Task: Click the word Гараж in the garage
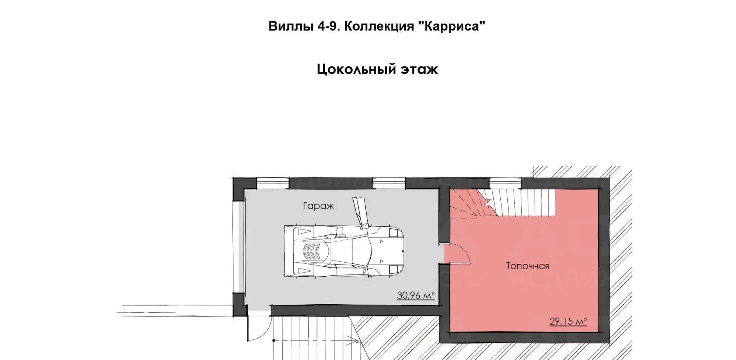click(318, 206)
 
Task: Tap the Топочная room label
click(528, 266)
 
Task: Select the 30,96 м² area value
click(416, 296)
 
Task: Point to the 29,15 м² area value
click(568, 321)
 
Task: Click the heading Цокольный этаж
click(377, 69)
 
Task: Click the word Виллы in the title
click(291, 26)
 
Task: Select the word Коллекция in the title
click(379, 26)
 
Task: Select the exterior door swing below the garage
click(259, 326)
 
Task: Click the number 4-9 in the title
click(329, 26)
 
